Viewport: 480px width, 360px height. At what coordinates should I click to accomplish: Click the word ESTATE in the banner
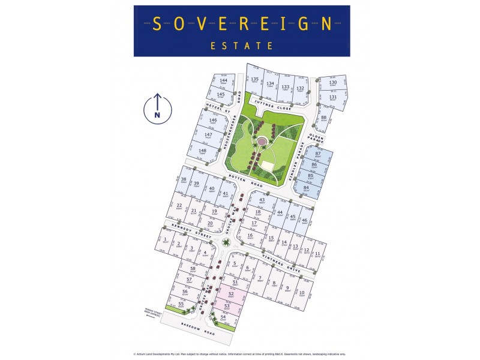(x=241, y=45)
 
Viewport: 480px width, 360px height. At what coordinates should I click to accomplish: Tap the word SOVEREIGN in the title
(x=241, y=23)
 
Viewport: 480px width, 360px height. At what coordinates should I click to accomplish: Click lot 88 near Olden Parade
(x=323, y=118)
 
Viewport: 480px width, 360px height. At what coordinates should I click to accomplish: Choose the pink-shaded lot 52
(x=231, y=294)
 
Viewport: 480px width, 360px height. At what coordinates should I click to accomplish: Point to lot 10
(x=302, y=293)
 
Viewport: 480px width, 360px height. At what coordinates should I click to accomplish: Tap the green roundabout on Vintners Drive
(x=225, y=242)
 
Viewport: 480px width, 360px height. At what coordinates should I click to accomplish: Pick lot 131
(x=332, y=97)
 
